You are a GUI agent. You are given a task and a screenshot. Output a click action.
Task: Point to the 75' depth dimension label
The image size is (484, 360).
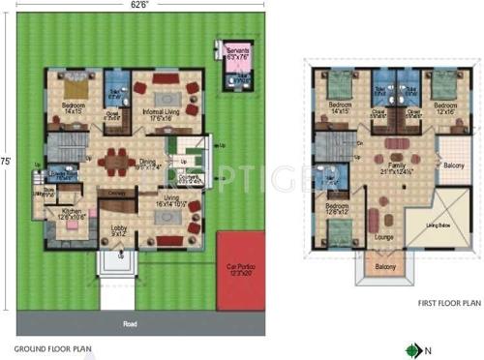pos(8,162)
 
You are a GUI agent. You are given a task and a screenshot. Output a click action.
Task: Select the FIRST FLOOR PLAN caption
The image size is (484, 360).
pos(449,302)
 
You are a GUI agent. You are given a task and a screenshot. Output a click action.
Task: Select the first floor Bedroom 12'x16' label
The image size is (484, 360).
pos(445,107)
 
